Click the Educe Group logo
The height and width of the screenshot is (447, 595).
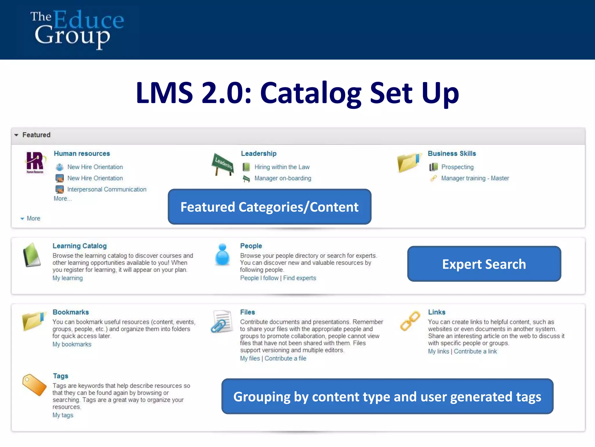coord(77,29)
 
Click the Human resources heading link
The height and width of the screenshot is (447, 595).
coord(82,154)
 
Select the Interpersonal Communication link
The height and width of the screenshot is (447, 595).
coord(107,189)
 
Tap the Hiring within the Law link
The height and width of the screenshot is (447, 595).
coord(282,167)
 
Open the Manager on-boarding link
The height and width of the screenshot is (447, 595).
coord(283,178)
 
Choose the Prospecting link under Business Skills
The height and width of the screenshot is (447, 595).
coord(457,167)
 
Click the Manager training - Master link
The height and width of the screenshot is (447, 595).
coord(475,178)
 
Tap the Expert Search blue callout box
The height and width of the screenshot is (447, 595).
coord(484,264)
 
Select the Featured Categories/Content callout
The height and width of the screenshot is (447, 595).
coord(269,207)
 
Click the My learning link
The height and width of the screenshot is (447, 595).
coord(67,278)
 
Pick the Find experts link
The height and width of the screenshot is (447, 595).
coord(300,278)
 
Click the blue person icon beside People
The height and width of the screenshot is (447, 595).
coord(223,254)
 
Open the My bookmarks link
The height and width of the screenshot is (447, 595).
coord(72,345)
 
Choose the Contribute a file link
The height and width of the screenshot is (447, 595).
coord(285,359)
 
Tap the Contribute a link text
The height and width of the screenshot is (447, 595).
coord(475,352)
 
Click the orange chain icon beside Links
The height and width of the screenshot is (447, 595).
coord(410,321)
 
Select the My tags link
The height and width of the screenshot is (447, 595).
coord(63,415)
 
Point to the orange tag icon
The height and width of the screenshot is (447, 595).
coord(34,385)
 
